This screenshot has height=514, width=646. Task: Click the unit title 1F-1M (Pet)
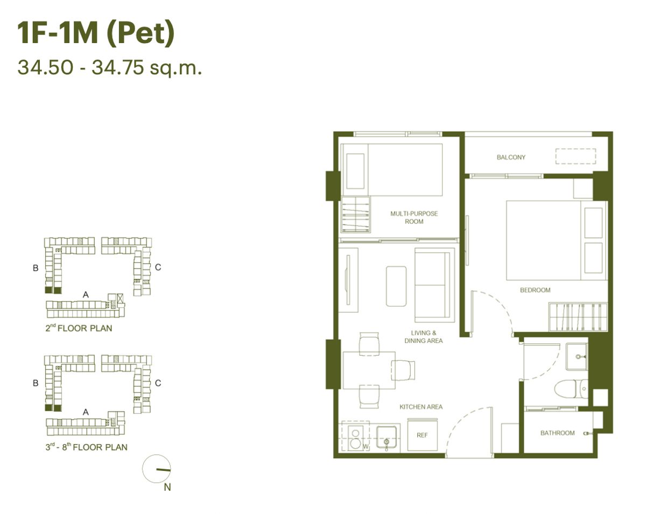pyautogui.click(x=96, y=33)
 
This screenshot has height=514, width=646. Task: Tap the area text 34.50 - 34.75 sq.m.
pyautogui.click(x=110, y=68)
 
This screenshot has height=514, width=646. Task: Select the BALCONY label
pyautogui.click(x=511, y=157)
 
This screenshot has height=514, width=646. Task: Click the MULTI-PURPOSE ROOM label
pyautogui.click(x=414, y=217)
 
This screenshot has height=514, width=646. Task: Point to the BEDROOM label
pyautogui.click(x=535, y=290)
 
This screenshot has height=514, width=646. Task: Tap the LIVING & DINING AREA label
pyautogui.click(x=424, y=336)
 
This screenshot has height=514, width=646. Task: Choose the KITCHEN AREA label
pyautogui.click(x=421, y=407)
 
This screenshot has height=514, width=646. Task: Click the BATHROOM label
pyautogui.click(x=558, y=433)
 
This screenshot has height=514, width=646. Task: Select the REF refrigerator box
pyautogui.click(x=423, y=435)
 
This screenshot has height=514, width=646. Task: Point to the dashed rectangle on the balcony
pyautogui.click(x=575, y=157)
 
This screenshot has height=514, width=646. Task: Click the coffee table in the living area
pyautogui.click(x=396, y=286)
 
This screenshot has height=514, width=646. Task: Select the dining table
pyautogui.click(x=369, y=370)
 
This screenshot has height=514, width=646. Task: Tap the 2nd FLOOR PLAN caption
pyautogui.click(x=79, y=328)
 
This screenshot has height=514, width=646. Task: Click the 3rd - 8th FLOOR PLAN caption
pyautogui.click(x=87, y=447)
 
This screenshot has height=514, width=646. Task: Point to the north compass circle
pyautogui.click(x=157, y=468)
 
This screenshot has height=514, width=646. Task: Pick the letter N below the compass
pyautogui.click(x=167, y=487)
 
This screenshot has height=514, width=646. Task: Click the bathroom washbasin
pyautogui.click(x=577, y=357)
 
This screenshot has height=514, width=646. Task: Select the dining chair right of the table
pyautogui.click(x=403, y=370)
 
